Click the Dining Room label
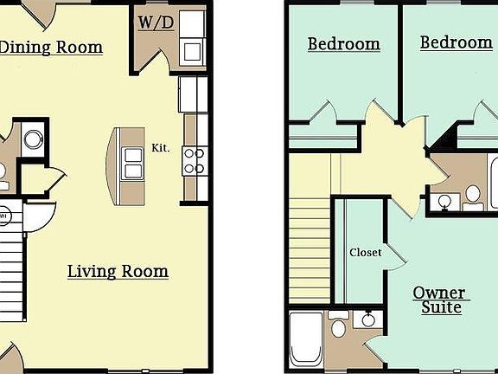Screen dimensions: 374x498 click(50, 47)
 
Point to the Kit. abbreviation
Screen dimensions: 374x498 click(161, 148)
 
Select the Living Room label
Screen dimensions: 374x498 click(118, 272)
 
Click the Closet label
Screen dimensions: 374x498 click(365, 253)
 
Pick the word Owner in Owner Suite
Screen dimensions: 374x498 click(438, 293)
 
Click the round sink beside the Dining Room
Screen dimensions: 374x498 click(34, 139)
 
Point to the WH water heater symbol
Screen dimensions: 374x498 click(4, 216)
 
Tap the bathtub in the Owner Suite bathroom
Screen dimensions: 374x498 click(304, 339)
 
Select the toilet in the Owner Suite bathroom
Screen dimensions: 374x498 click(338, 326)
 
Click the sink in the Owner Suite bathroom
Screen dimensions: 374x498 click(367, 319)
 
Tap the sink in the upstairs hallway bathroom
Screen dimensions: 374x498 click(444, 200)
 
